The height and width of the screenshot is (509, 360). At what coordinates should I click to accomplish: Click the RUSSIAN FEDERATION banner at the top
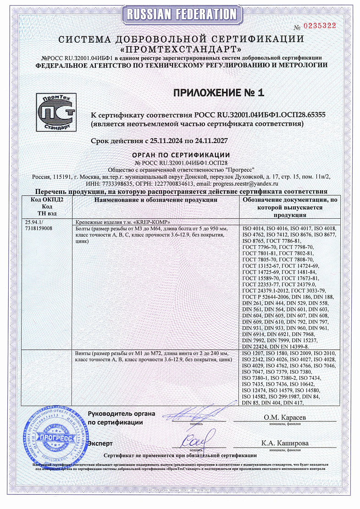pos(180,14)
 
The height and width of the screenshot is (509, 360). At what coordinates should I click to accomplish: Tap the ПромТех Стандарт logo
pos(55,112)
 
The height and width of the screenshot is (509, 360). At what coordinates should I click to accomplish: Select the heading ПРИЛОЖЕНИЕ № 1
pos(219,93)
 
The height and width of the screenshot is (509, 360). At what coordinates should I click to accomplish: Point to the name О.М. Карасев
pos(284,417)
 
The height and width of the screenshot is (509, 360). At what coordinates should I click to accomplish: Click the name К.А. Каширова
pos(285,443)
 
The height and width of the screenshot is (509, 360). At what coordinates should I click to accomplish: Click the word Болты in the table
pos(82,228)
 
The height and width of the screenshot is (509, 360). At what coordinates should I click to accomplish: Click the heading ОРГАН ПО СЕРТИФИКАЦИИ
pos(181,155)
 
